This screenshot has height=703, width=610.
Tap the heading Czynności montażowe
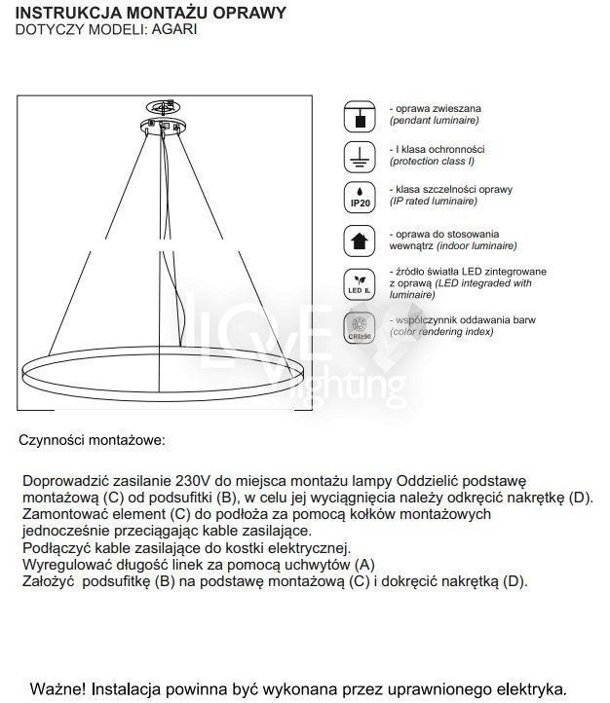92,439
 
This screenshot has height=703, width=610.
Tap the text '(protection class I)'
437,161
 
